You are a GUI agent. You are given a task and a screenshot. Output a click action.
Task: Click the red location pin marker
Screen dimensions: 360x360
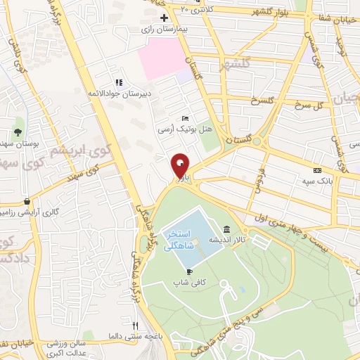coord(180,166)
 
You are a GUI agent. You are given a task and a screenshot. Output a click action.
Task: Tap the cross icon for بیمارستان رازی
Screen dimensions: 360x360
coord(164,18)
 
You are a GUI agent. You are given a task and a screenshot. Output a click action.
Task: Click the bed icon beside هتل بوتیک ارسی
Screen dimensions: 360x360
coord(185,118)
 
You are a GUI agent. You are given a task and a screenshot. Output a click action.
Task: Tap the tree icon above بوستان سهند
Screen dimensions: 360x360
coord(18,131)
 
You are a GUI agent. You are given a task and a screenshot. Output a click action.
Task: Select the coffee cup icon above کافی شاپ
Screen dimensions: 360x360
coord(189,271)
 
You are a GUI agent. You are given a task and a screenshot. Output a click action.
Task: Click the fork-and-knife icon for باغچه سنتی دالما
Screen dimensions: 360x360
coord(136,326)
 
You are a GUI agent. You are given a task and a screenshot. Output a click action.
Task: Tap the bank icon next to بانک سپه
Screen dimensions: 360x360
coord(318,170)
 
